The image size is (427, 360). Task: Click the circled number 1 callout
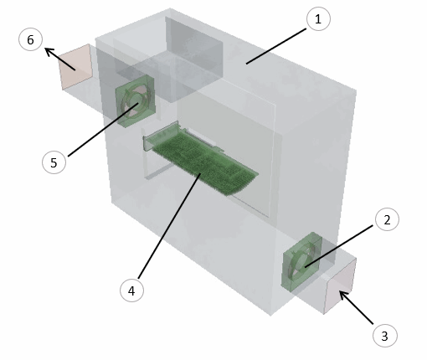318,18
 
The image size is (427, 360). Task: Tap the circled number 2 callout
387,219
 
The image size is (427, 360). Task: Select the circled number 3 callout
385,335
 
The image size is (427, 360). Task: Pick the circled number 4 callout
131,291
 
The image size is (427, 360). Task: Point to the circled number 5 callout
54,162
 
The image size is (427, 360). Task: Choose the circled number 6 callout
30,39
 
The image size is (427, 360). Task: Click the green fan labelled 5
136,101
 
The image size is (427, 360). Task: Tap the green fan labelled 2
301,262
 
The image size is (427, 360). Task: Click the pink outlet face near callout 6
75,66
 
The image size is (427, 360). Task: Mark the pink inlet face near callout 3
340,286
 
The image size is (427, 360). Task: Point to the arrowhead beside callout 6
49,52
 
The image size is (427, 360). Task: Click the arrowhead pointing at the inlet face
344,296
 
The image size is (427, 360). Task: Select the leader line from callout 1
276,46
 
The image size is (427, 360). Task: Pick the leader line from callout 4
169,225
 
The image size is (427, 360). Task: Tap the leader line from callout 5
103,130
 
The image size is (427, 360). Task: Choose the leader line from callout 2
339,246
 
